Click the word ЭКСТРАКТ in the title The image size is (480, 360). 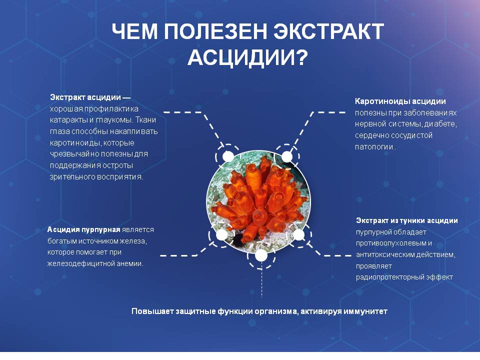(328, 31)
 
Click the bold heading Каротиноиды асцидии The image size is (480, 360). (400, 101)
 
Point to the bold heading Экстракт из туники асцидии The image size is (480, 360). (407, 220)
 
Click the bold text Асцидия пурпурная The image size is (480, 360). (83, 229)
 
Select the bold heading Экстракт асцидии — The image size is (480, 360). (90, 97)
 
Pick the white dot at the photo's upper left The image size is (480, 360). (228, 156)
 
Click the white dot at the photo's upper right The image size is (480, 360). (287, 156)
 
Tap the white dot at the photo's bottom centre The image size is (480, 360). (261, 255)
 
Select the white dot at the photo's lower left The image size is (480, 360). (222, 235)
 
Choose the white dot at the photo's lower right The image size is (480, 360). (298, 235)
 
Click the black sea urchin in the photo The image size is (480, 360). (236, 239)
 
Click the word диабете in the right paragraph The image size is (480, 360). (441, 124)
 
